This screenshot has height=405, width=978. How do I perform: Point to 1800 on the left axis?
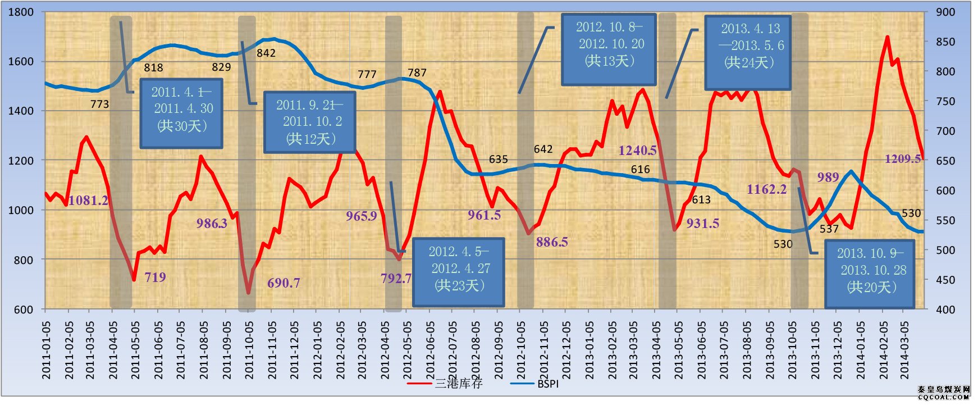point(21,12)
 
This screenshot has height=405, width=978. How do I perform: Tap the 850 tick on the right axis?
point(945,42)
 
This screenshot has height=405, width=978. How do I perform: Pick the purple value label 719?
point(155,277)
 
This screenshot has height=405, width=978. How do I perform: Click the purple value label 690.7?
point(284,283)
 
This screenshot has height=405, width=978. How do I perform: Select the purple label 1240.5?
point(637,151)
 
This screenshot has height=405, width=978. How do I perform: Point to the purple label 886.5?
point(552,242)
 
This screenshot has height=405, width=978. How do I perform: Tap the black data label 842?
point(266,53)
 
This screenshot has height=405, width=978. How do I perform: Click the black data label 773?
point(99,104)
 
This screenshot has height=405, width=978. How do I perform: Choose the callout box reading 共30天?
point(181,113)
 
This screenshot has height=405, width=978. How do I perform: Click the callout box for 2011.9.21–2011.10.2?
point(309,122)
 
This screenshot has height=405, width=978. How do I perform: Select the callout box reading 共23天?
point(459,272)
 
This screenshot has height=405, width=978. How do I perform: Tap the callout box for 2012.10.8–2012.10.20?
point(609,49)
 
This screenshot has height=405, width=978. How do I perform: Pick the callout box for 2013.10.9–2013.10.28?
point(870,275)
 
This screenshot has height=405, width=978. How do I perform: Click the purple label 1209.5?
point(903,159)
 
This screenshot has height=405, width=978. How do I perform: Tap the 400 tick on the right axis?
point(945,310)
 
